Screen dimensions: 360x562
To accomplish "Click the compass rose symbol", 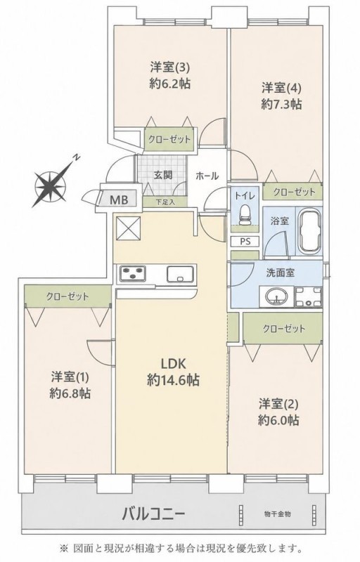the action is click(51, 185).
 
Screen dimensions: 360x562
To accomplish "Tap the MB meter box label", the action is click(119, 200).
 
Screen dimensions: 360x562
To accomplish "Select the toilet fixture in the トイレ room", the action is click(245, 215).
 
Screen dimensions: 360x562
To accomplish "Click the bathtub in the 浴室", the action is click(310, 230).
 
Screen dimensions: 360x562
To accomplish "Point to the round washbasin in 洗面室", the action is click(276, 296).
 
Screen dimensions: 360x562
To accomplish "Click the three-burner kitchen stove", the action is click(133, 274).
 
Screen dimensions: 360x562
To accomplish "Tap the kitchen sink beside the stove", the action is click(181, 275).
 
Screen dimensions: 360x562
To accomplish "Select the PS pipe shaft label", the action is click(245, 241).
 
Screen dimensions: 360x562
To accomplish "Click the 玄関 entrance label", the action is click(163, 175).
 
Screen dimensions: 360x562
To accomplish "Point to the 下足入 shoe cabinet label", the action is click(165, 202).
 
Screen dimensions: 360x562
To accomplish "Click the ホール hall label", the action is click(207, 176).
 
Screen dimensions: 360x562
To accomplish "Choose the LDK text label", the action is click(173, 364).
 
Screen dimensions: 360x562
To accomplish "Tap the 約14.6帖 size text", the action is click(173, 380).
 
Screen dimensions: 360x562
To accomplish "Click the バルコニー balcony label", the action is click(153, 515).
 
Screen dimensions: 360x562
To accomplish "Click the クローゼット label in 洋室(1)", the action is click(67, 296).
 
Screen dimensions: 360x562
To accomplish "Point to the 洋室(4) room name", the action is click(281, 87).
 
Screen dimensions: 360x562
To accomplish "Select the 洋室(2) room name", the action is click(278, 404).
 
